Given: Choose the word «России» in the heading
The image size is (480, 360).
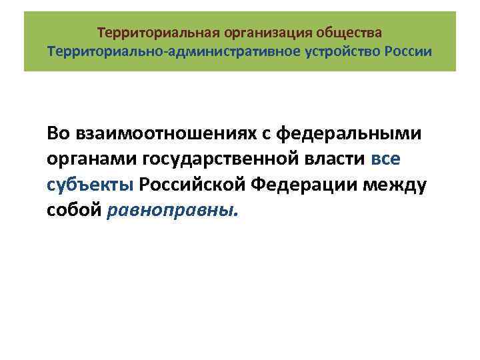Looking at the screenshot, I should [408, 51].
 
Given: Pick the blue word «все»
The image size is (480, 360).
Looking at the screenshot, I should [386, 160].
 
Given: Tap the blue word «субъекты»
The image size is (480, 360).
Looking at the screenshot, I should [91, 185].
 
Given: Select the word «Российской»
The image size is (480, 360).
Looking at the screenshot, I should [200, 185].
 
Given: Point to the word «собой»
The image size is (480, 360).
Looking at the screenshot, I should [74, 211].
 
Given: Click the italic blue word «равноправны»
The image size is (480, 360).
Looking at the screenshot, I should [171, 211].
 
